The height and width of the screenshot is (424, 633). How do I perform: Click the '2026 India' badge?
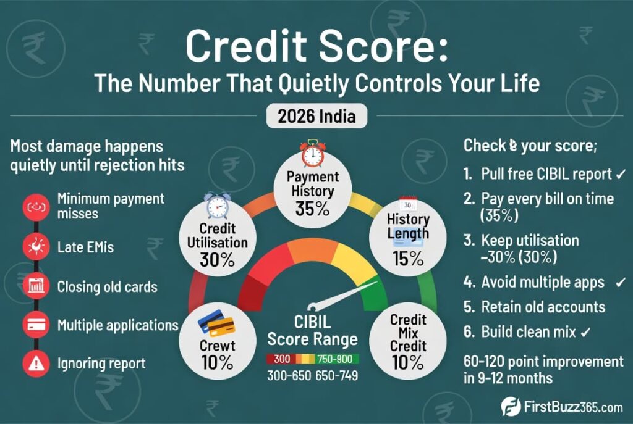[316, 116]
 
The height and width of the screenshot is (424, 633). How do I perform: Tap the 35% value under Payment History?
[312, 209]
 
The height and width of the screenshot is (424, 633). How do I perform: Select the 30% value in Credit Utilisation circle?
[217, 260]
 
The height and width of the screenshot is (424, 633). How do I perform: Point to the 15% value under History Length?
[408, 259]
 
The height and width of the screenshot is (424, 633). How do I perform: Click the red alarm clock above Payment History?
[312, 154]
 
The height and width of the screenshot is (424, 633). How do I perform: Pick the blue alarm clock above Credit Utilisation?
[217, 205]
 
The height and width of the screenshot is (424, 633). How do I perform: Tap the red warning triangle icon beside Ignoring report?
[36, 364]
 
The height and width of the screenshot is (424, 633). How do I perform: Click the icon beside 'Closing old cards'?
[36, 286]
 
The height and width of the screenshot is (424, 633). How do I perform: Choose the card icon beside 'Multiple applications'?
[36, 325]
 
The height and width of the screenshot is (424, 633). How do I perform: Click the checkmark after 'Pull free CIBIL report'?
[621, 175]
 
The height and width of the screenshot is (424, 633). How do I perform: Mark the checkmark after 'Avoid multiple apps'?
[621, 282]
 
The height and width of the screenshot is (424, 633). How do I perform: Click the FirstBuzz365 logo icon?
[511, 406]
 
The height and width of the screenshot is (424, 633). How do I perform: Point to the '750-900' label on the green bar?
[334, 359]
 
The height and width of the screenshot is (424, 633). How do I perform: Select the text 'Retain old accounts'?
[543, 307]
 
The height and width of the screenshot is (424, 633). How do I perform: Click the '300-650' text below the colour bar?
[289, 376]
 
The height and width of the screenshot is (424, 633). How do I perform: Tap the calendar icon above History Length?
[408, 204]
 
